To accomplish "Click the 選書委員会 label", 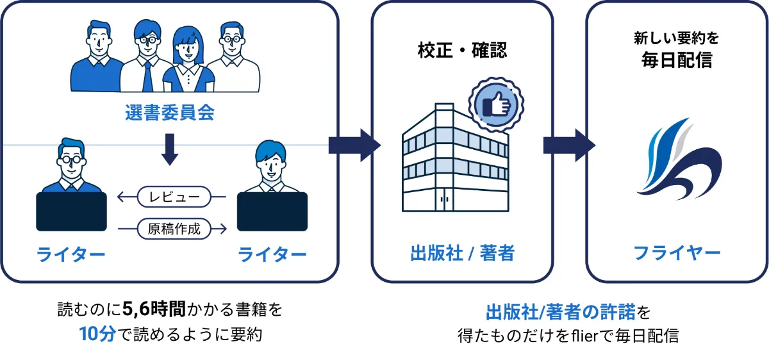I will point(169,113).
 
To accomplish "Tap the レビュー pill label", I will point(174,197).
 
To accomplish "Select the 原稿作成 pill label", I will point(174,228).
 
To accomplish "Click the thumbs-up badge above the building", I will point(496,103).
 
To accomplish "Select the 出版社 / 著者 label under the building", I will point(462,253).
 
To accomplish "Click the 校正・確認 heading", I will point(462,51).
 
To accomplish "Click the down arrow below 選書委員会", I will point(170,148).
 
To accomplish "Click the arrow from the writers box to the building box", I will point(354,145).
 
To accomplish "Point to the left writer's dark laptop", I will point(71,212).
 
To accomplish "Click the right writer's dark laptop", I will point(272,212).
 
